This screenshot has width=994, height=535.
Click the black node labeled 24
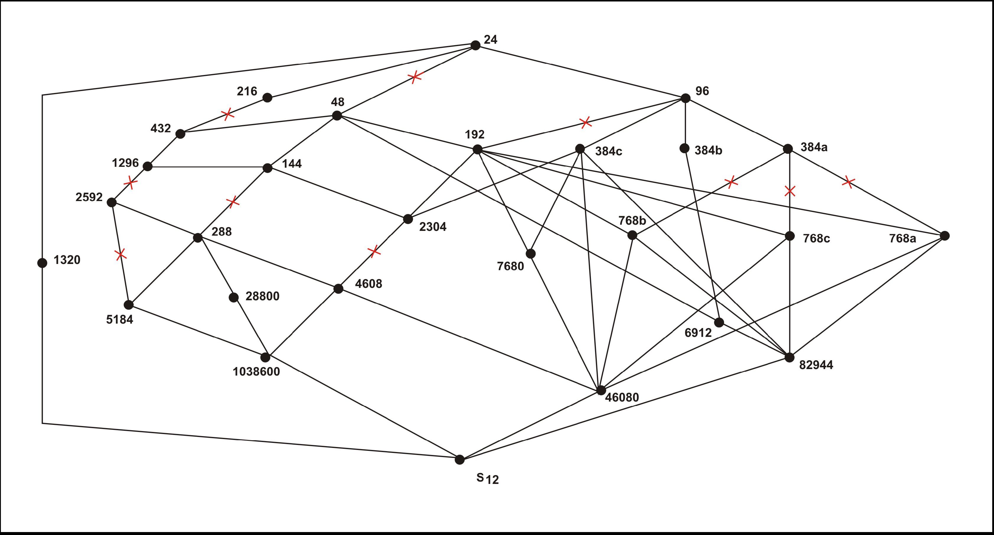pos(475,45)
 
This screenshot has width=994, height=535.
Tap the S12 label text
pos(487,479)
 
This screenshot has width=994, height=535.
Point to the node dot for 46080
pos(601,390)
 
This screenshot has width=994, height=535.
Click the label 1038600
pos(256,371)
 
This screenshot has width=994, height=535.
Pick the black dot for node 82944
pos(789,358)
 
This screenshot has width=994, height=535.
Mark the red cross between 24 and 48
pos(414,77)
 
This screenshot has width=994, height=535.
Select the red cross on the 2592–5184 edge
pos(120,254)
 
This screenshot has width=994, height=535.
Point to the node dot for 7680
pos(531,253)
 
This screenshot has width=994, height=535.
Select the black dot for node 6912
pos(719,322)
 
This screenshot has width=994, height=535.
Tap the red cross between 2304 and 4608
pos(374,252)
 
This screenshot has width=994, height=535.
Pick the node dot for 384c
pos(580,149)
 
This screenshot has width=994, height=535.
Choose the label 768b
pos(632,221)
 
